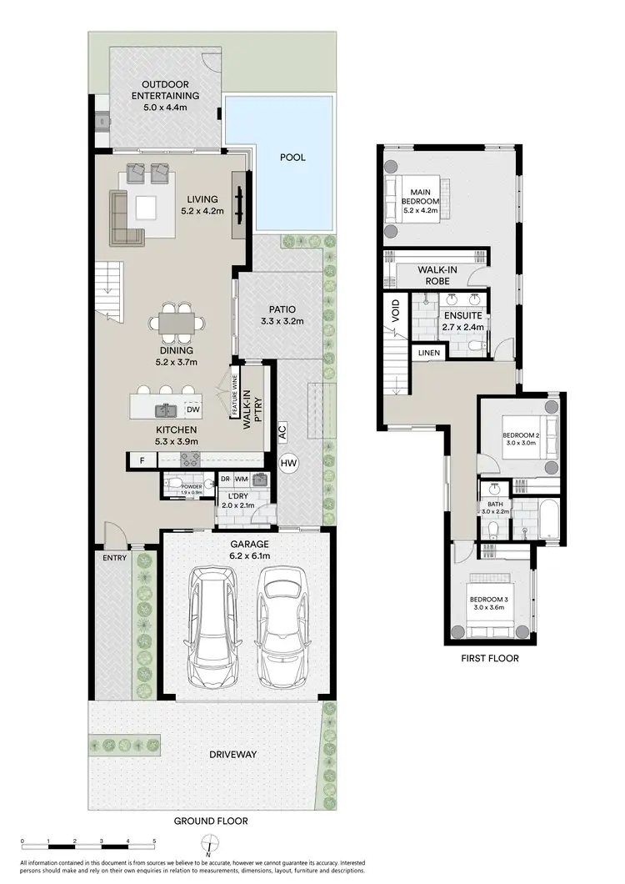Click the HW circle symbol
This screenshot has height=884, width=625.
point(289,463)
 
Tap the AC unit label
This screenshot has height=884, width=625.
point(282,433)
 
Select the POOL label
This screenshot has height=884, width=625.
point(292,156)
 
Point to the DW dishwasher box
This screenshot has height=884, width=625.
point(192,409)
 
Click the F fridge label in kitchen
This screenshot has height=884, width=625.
point(142,460)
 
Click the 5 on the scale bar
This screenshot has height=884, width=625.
point(154,840)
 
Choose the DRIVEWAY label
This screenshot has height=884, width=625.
point(233,755)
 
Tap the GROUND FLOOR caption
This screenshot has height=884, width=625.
point(210,821)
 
